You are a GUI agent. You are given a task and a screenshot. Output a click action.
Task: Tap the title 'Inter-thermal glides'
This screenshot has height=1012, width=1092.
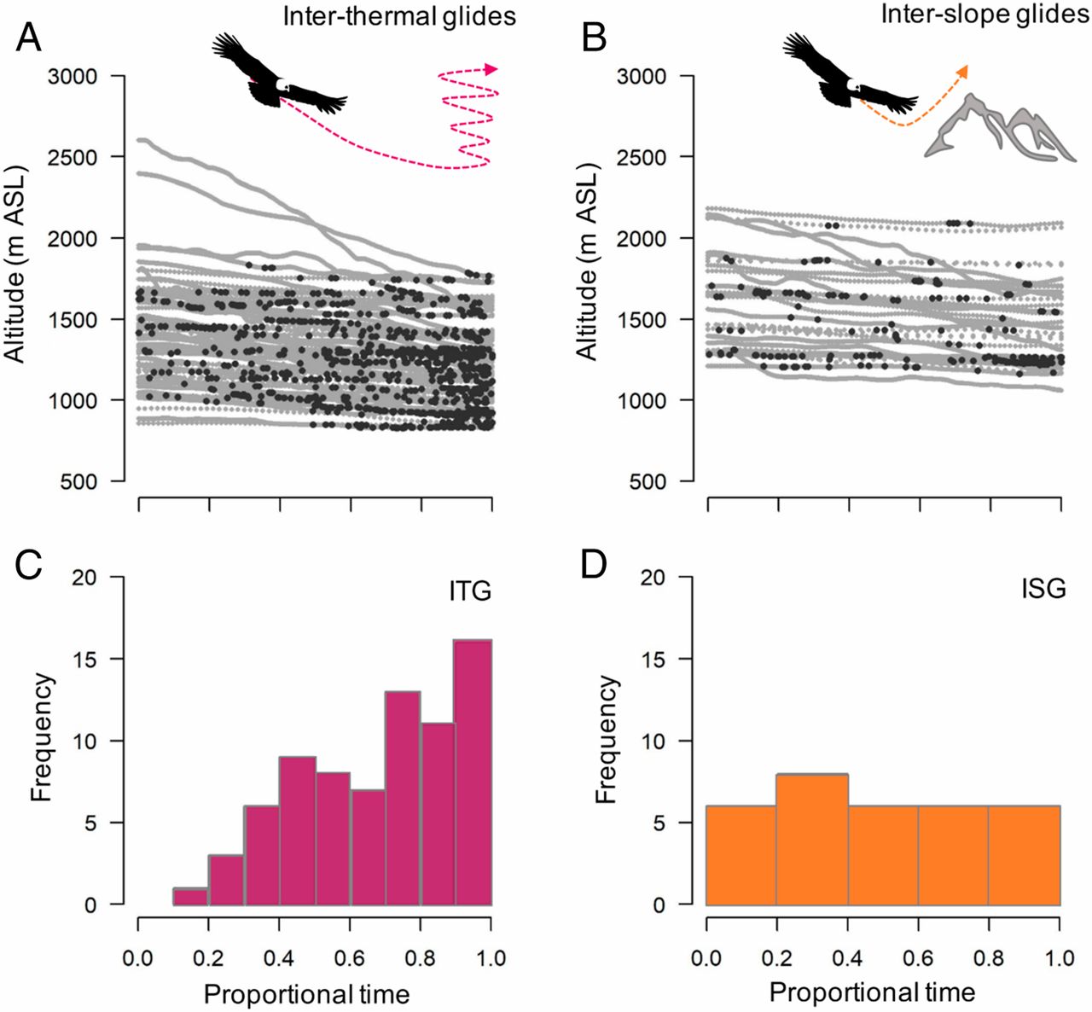click(x=399, y=16)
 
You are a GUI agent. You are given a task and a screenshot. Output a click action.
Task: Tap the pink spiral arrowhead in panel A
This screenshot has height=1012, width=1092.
click(x=491, y=69)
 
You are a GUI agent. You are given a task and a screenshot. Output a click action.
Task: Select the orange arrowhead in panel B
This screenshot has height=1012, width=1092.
click(x=964, y=71)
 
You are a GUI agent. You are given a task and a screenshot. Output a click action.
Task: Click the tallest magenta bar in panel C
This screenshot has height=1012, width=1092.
click(x=473, y=772)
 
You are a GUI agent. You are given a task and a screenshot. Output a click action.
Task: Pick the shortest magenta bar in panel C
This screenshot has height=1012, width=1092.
click(x=191, y=897)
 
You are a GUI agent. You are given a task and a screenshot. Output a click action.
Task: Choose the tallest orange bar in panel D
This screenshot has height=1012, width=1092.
click(x=812, y=840)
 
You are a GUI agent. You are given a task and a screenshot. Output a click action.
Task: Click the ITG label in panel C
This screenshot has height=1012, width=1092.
click(x=470, y=590)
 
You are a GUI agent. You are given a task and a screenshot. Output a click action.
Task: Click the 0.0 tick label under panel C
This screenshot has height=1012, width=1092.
click(x=138, y=957)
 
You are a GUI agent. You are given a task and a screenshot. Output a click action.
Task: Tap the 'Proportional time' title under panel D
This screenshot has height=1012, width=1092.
click(x=872, y=993)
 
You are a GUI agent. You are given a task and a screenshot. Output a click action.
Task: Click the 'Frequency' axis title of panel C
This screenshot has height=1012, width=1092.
click(x=42, y=739)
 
